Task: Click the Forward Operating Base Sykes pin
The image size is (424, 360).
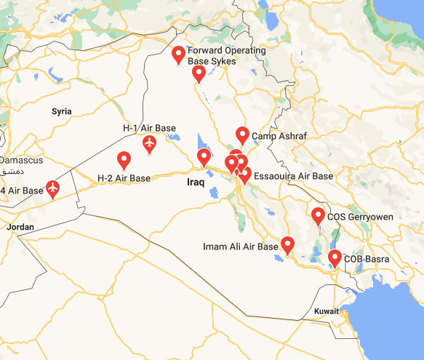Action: pos(178,55)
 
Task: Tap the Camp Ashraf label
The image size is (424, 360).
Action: pos(280,137)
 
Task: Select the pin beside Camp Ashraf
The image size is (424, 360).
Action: pos(243,135)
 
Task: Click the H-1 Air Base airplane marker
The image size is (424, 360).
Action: pos(149,143)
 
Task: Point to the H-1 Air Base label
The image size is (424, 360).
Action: pos(149,128)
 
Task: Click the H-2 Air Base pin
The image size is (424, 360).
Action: pos(124,159)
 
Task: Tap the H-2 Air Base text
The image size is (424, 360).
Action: pos(124,178)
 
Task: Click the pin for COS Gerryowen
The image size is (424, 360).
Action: pos(318,216)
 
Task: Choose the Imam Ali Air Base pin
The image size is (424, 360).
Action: pos(287,244)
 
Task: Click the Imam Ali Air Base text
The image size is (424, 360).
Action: pos(240,247)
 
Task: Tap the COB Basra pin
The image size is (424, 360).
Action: pos(335,257)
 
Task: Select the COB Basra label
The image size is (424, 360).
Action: pos(367,259)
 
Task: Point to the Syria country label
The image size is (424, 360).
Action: pos(62,111)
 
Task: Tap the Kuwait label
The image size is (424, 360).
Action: pos(327,311)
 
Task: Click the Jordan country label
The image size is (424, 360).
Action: pos(20,228)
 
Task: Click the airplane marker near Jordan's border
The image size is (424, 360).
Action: pos(52,188)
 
